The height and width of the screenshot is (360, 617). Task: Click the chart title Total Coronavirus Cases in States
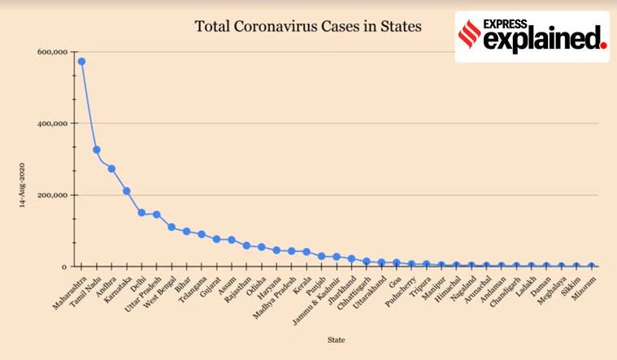pos(308,27)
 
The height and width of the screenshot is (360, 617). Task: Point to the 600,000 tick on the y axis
pos(52,52)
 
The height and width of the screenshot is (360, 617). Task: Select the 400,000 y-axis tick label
pos(52,124)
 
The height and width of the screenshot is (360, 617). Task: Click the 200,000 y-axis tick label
pos(52,195)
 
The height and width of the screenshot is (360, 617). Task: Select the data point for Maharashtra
pos(81,62)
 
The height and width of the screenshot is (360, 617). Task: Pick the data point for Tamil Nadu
pos(97,150)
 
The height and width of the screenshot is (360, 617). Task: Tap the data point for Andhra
pos(111,168)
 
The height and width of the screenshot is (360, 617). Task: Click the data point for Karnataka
pos(127,191)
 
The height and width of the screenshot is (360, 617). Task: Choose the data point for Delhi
pos(141,213)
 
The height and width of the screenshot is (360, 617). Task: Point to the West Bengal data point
pos(172,227)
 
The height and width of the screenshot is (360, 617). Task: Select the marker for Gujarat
pos(216,239)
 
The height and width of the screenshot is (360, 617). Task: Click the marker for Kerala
pos(306,252)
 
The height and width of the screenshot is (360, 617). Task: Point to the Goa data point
pos(397,262)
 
